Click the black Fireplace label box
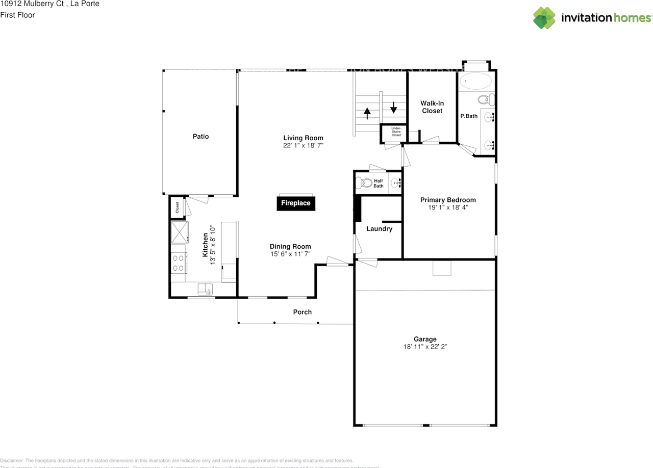point(296,203)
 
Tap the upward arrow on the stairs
point(367,113)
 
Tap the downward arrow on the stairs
point(393,108)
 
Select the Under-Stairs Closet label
point(396,132)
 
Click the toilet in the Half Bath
point(364,183)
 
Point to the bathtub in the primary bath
point(475,81)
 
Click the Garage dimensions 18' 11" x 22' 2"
point(425,347)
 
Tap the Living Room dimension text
point(303,145)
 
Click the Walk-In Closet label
point(432,107)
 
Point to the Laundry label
point(379,229)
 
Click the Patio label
point(200,136)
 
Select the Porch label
point(302,312)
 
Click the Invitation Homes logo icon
point(544,18)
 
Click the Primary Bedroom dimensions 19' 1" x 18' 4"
point(447,207)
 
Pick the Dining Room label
point(290,246)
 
